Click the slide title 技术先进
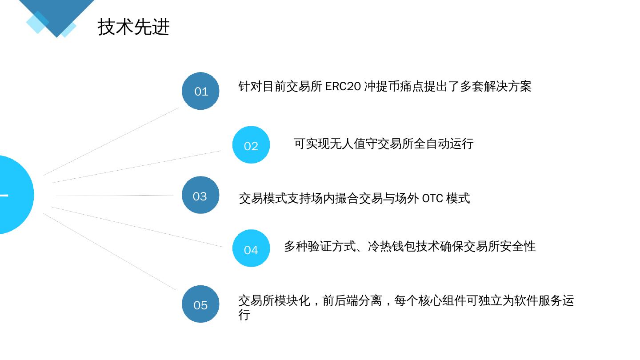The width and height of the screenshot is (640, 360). click(x=133, y=27)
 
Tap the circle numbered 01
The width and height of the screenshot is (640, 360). click(x=201, y=91)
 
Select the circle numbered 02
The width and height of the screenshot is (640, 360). click(x=251, y=145)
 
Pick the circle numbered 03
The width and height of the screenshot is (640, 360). click(x=200, y=196)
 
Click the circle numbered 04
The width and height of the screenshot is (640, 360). click(x=251, y=249)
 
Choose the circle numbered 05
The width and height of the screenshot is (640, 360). click(x=200, y=304)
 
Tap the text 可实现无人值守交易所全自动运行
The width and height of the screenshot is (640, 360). click(x=384, y=144)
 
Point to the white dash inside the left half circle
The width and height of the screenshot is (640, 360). click(x=4, y=195)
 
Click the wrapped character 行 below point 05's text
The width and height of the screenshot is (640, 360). click(x=244, y=315)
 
